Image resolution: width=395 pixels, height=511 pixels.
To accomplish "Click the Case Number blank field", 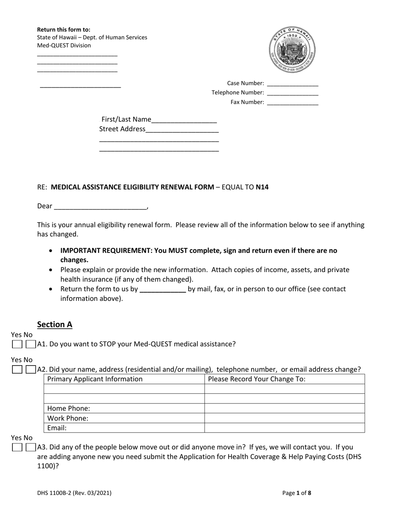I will [292, 84].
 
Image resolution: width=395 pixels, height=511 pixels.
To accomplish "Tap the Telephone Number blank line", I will [292, 93].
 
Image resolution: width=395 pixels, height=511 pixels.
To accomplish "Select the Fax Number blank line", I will [292, 103].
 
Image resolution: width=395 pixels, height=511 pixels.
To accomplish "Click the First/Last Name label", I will [126, 120].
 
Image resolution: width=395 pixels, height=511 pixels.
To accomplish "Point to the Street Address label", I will [122, 129].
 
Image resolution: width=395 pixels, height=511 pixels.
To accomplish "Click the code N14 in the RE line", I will [262, 187].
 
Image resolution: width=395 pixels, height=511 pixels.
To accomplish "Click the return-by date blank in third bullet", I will [163, 289].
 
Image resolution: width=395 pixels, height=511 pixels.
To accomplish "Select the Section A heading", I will [54, 324].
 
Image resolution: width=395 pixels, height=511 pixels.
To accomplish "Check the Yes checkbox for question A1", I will [17, 344].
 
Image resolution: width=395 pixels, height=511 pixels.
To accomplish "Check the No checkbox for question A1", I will [30, 344].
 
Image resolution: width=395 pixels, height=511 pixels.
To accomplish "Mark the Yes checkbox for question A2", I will [17, 370].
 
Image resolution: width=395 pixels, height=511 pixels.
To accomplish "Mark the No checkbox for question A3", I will [30, 448].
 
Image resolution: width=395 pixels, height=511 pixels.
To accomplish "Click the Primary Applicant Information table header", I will [95, 379].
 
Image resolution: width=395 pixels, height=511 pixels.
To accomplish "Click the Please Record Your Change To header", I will [257, 379].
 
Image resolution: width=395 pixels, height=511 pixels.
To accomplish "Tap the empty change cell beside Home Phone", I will [284, 408].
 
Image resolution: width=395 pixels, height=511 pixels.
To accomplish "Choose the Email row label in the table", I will [57, 428].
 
